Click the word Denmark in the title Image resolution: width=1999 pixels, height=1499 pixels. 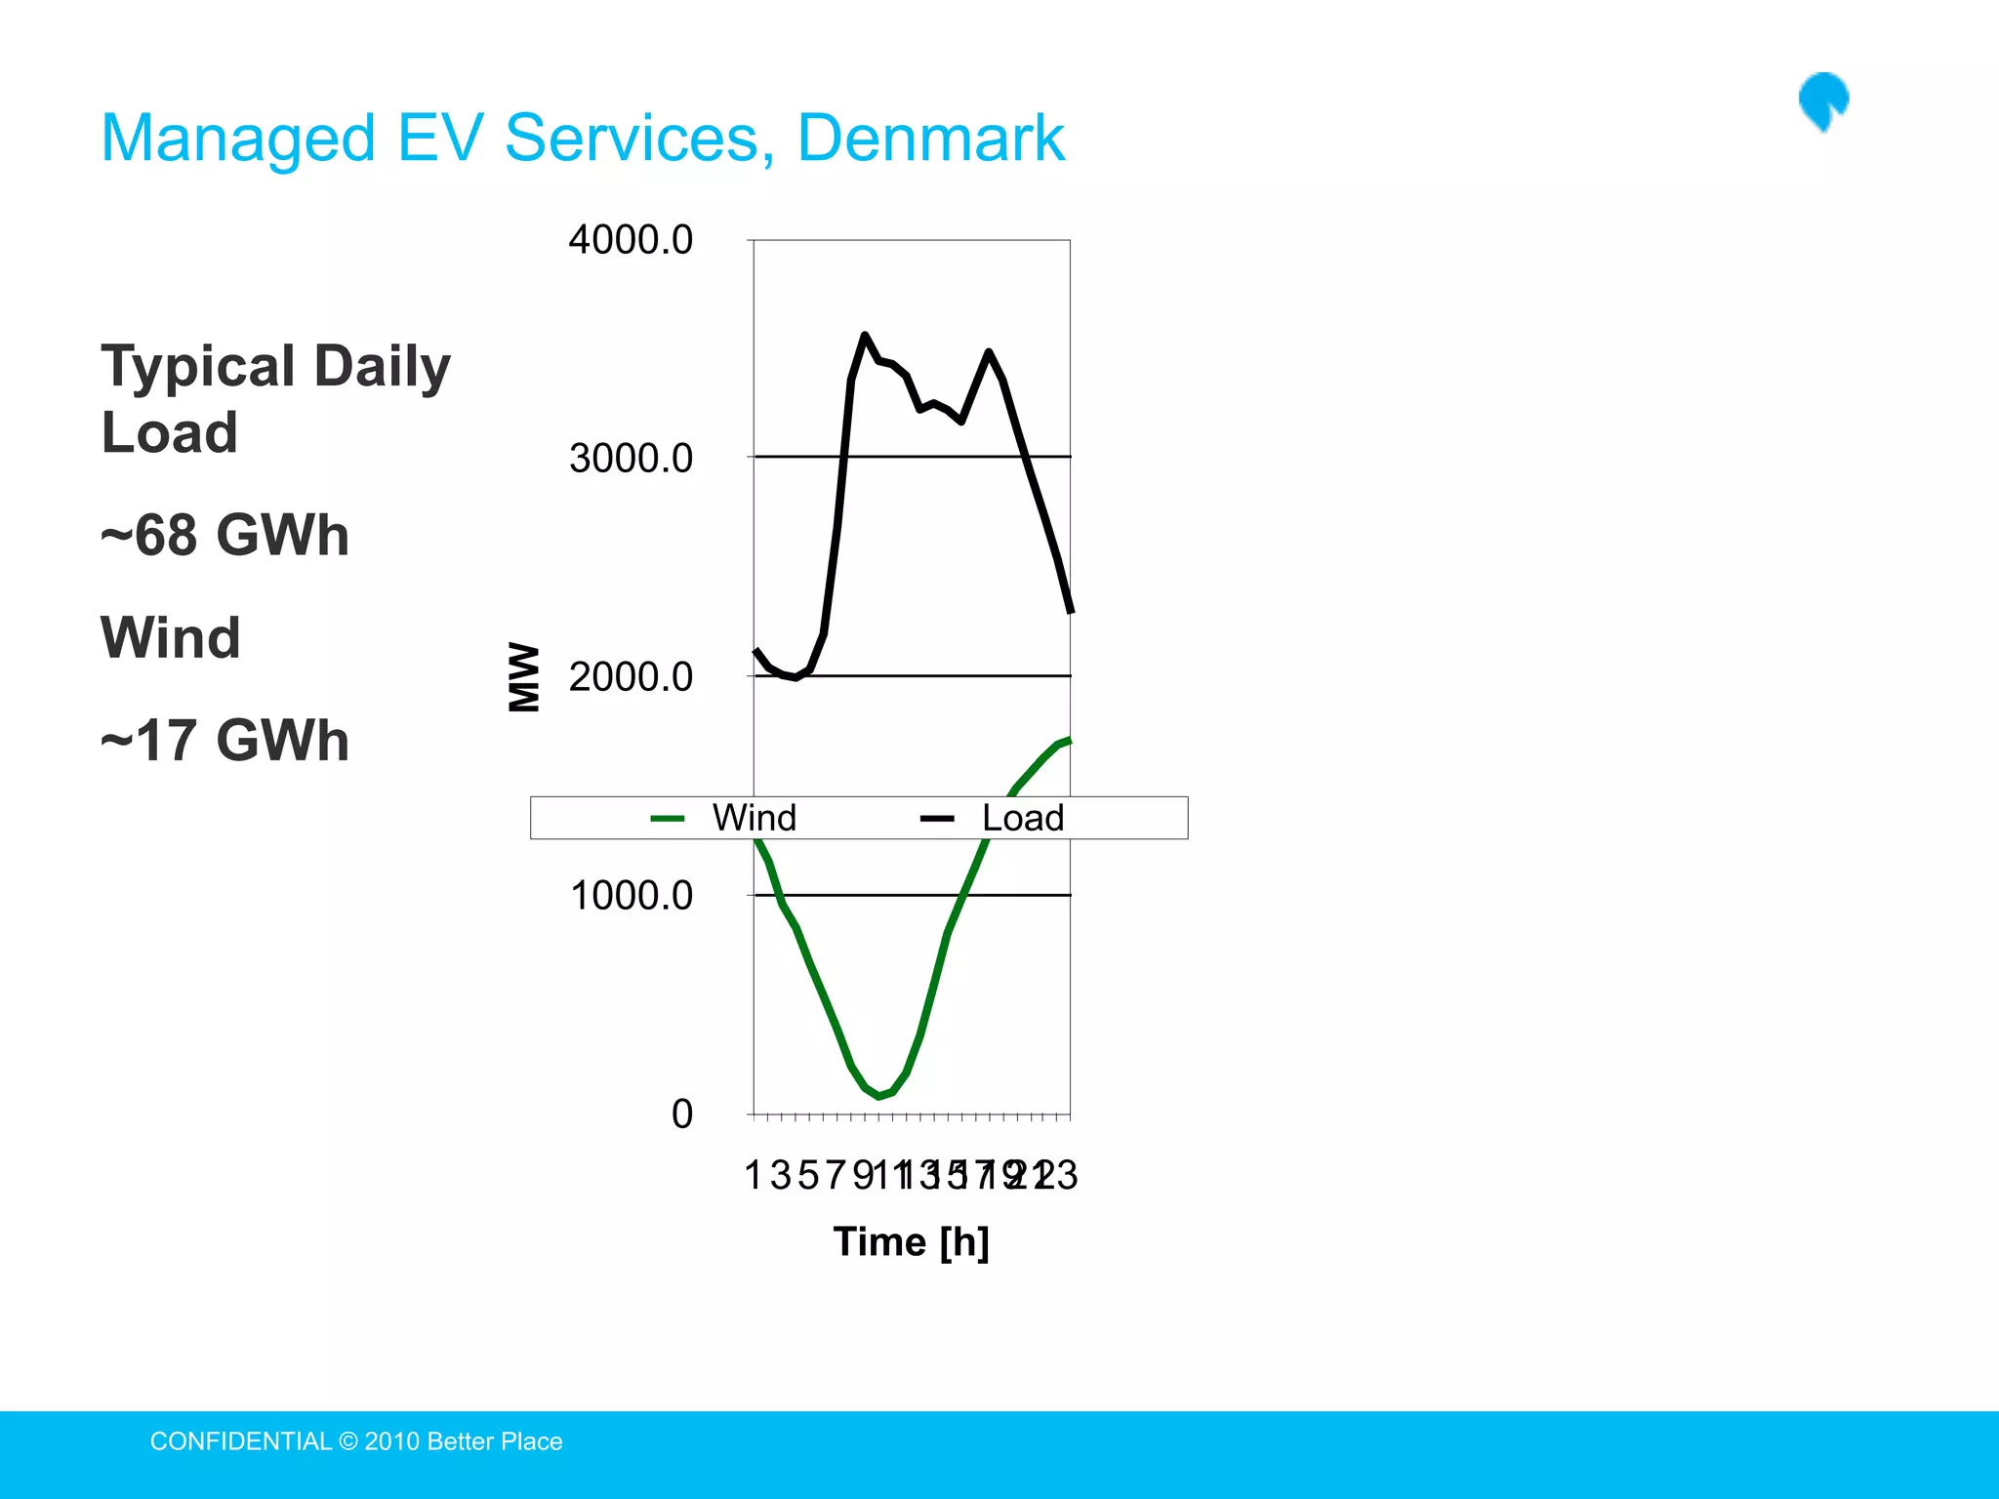(930, 138)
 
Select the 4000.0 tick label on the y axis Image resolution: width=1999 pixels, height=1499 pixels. (631, 240)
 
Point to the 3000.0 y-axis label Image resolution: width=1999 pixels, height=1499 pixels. (631, 458)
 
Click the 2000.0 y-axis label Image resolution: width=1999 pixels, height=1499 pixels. (631, 676)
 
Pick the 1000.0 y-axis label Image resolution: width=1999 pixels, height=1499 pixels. (631, 895)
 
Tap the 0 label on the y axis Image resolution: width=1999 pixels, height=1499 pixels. (681, 1114)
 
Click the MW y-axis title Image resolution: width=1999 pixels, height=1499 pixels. (524, 676)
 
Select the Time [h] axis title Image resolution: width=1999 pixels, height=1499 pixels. (911, 1241)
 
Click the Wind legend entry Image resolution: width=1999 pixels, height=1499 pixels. (753, 818)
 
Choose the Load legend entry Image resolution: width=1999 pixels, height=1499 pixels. (1021, 818)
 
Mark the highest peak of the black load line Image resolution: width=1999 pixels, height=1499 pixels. (865, 336)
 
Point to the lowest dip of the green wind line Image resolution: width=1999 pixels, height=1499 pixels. (879, 1096)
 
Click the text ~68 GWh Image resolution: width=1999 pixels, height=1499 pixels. (225, 535)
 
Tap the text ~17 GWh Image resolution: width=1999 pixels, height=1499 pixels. (225, 740)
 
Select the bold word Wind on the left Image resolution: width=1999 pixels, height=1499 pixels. (171, 637)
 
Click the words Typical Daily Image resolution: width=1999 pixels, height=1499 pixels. (276, 367)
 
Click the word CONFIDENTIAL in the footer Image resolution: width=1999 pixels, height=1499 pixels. (240, 1441)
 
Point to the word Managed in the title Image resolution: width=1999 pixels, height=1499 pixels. (238, 138)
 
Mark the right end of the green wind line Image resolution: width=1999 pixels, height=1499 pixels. (1070, 741)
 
